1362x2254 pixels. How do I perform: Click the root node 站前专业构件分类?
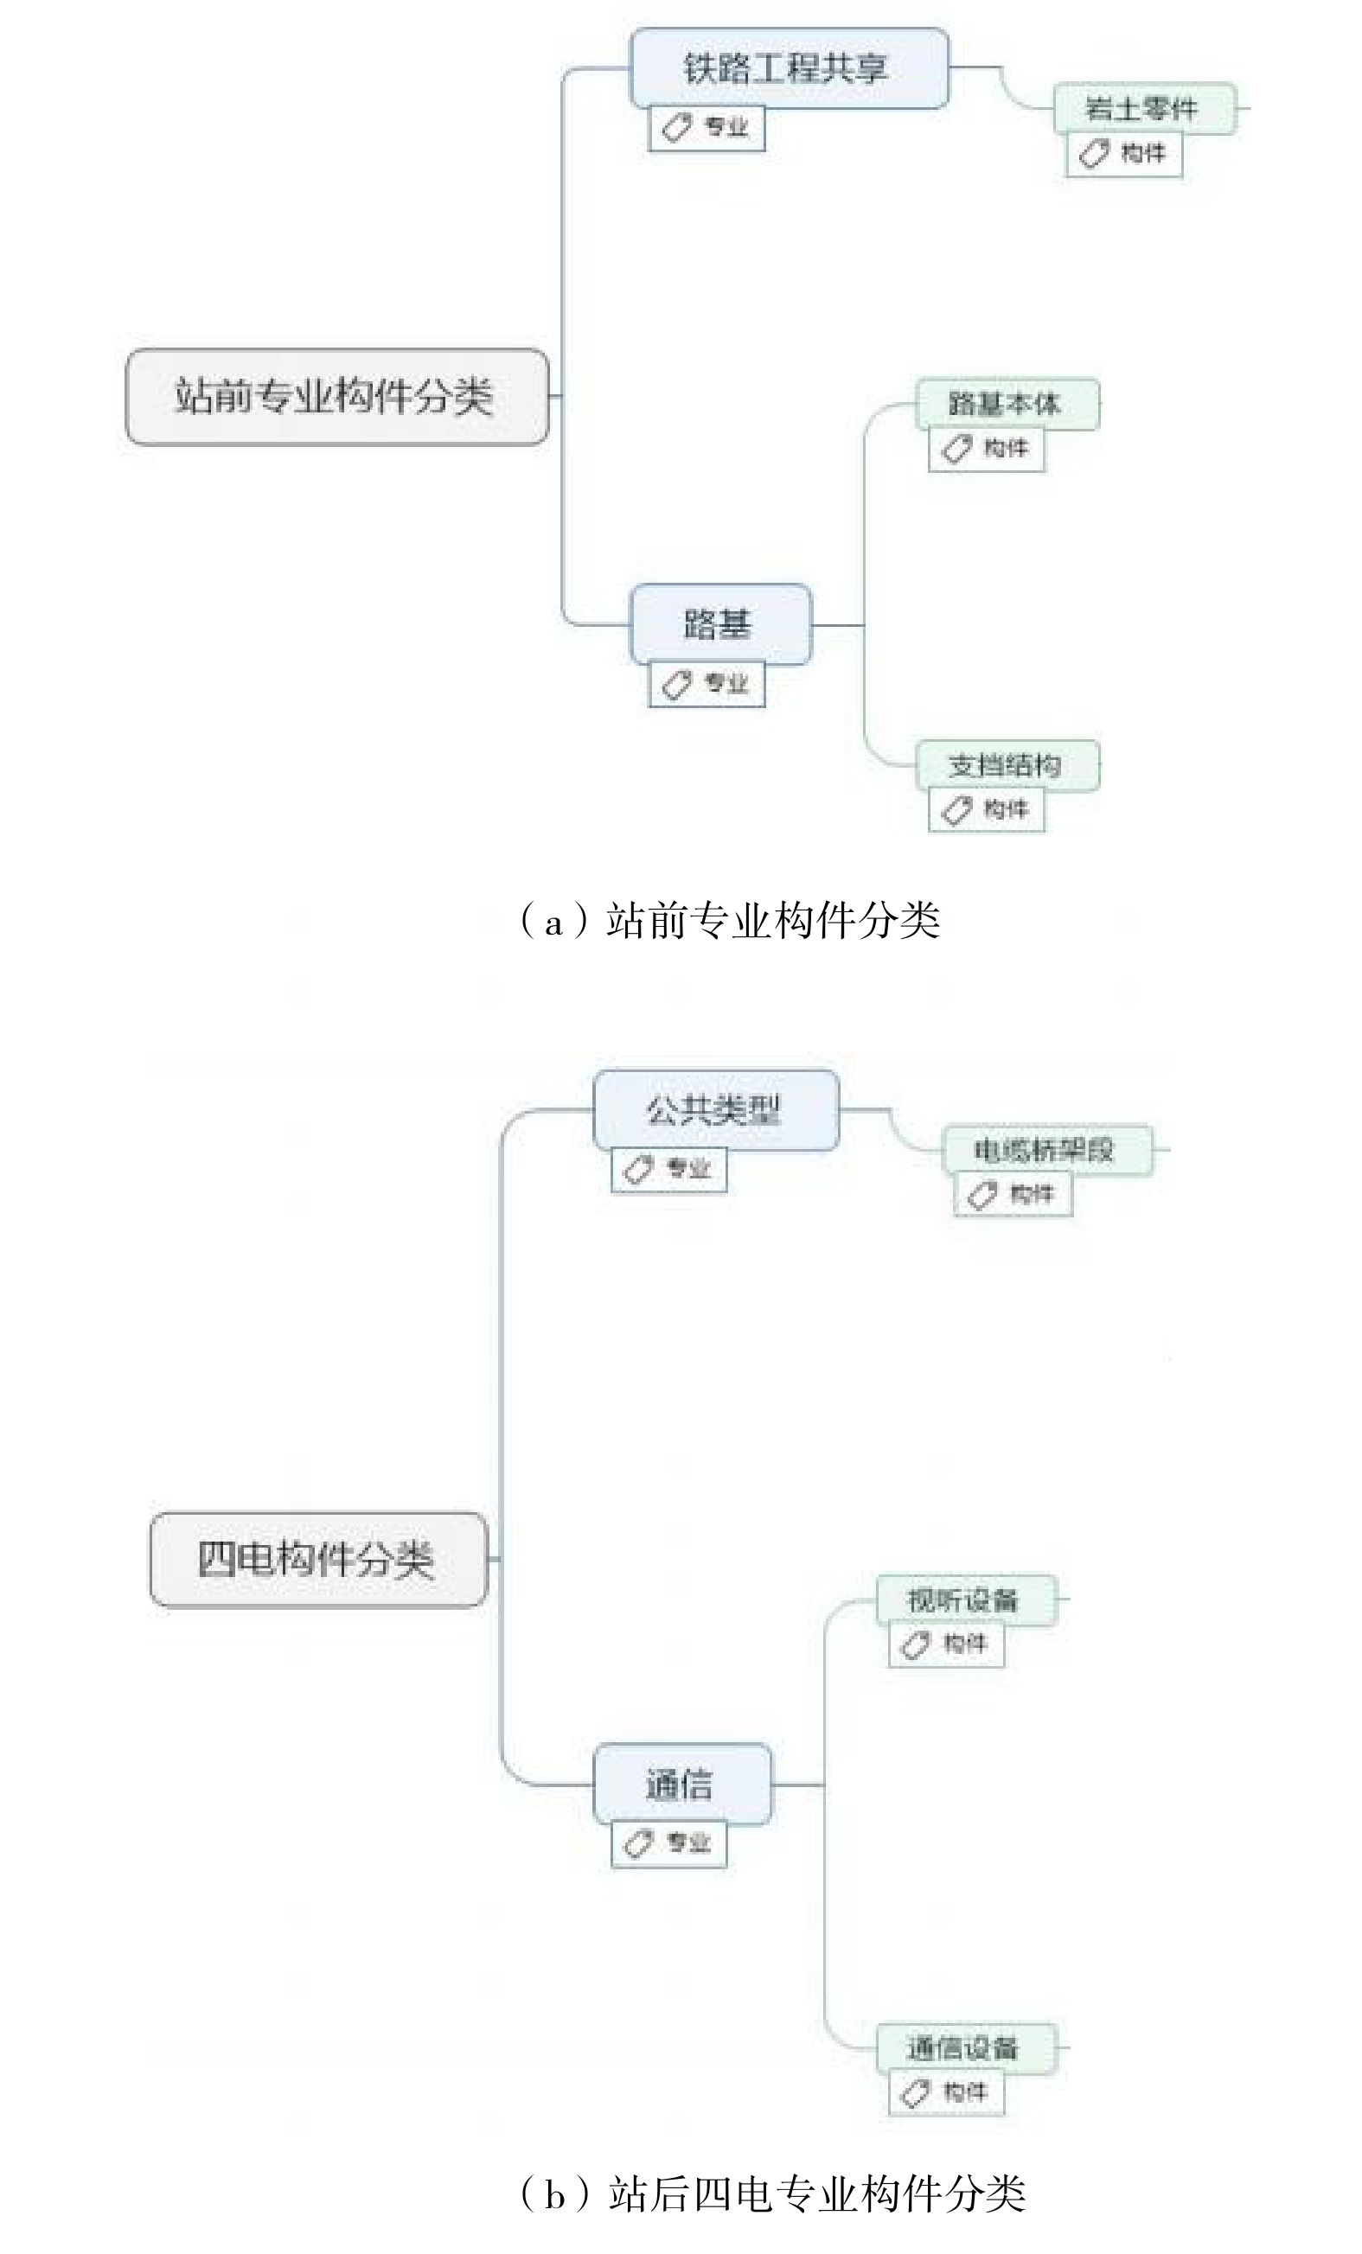point(336,397)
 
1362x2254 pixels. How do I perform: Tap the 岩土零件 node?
point(1143,109)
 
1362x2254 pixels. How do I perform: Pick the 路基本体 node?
point(1007,404)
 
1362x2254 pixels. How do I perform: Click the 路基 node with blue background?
point(719,625)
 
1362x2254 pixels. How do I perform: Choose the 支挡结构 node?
point(1007,765)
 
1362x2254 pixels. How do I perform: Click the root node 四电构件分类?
point(317,1559)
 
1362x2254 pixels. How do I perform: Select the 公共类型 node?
point(715,1109)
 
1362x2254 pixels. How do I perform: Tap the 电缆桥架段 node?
point(1045,1150)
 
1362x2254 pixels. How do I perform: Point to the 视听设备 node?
point(965,1600)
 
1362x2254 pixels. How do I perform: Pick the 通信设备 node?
point(965,2048)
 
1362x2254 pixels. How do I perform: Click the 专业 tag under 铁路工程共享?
point(707,127)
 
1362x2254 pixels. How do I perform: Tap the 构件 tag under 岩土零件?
point(1123,154)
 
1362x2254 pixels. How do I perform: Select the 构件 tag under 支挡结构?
point(986,809)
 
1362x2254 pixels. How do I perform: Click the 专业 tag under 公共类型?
point(668,1169)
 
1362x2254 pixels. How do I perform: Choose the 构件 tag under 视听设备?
point(946,1644)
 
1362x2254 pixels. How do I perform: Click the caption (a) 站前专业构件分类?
point(729,920)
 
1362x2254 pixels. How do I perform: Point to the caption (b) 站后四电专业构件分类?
point(772,2193)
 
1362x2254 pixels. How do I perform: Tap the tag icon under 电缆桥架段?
point(982,1194)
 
